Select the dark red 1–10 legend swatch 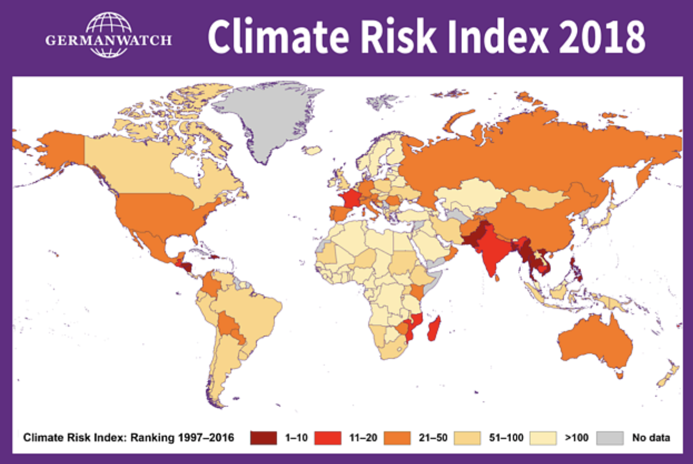pos(264,438)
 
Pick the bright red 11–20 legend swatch pos(329,438)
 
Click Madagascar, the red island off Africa pos(435,329)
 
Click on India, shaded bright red pos(490,254)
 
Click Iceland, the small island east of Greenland pos(314,150)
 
